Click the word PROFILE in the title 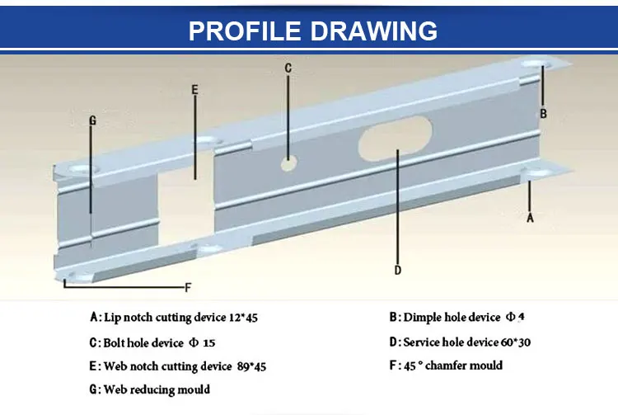pos(243,30)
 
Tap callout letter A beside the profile pos(530,218)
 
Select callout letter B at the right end pos(543,113)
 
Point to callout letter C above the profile pos(288,68)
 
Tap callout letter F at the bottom pos(188,288)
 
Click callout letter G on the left pos(92,120)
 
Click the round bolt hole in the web pos(288,163)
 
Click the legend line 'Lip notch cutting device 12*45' pos(180,317)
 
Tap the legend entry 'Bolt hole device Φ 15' pos(157,342)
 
